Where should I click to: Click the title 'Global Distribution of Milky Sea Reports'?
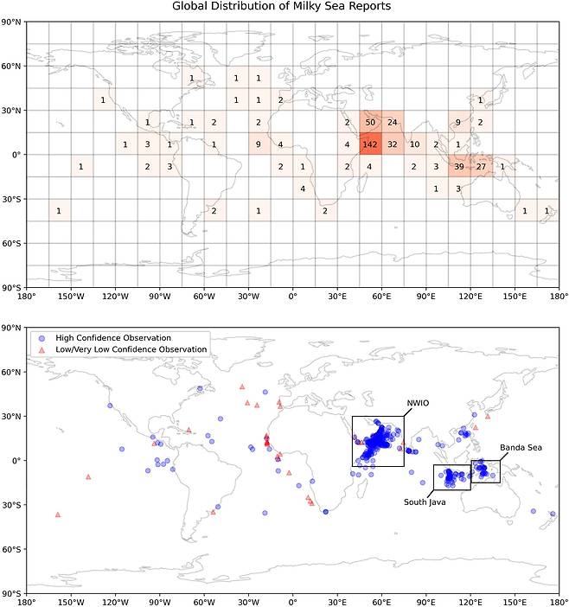tap(282, 7)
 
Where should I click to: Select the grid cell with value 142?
tap(370, 144)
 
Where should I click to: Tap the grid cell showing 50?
tap(370, 122)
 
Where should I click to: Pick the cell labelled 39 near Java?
tap(459, 166)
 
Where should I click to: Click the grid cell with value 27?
tap(482, 166)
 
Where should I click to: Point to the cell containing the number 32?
tap(393, 144)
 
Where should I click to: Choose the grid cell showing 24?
tap(393, 122)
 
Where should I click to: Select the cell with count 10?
tap(415, 144)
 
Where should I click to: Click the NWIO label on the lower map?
tap(418, 403)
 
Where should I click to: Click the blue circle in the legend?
tap(42, 337)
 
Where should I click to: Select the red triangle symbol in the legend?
tap(42, 349)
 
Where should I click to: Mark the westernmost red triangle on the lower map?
tap(58, 514)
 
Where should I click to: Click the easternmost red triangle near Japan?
tap(487, 416)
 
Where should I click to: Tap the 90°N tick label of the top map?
tap(12, 21)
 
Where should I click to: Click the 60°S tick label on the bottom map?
tap(12, 549)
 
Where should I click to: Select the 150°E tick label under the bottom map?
tap(515, 603)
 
